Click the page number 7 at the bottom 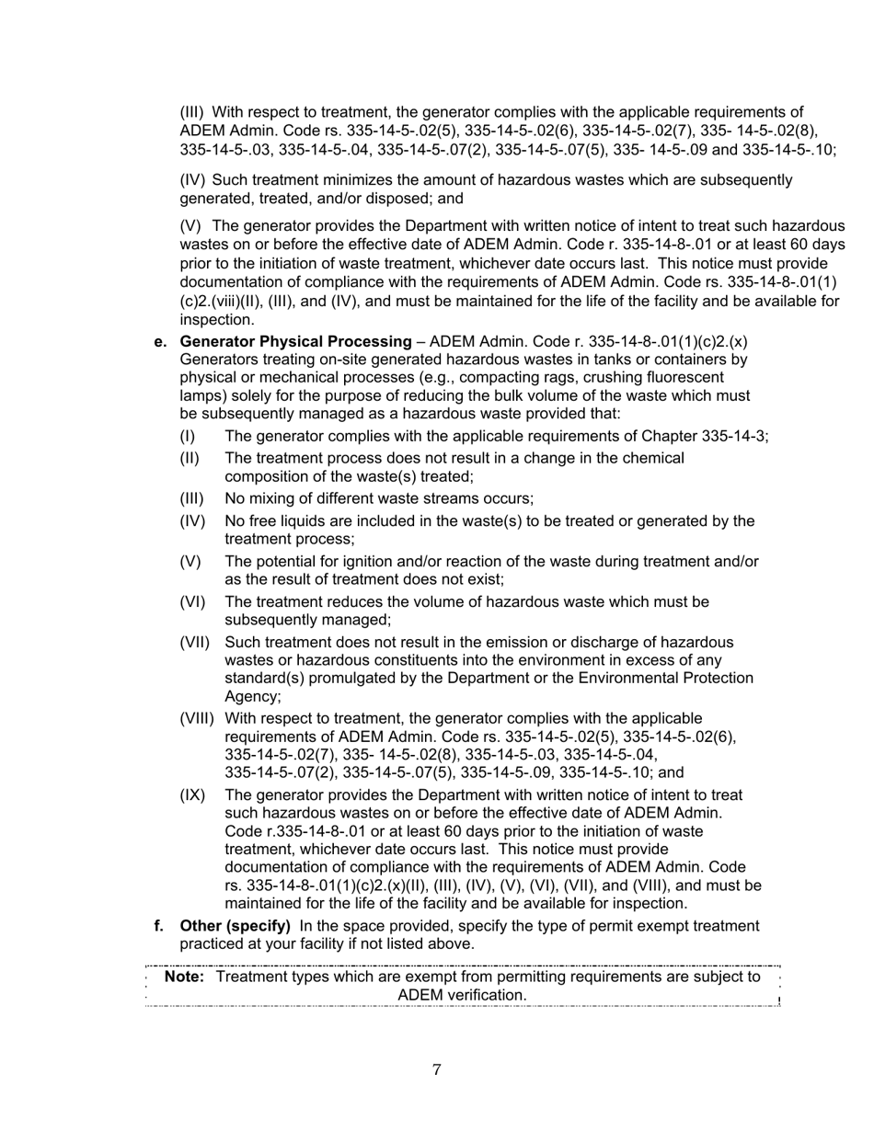point(437,1069)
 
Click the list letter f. point(159,925)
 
